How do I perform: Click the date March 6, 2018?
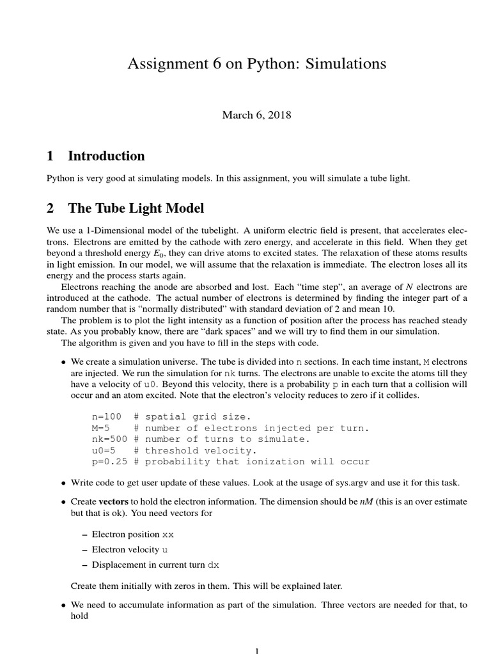click(256, 115)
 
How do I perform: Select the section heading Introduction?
click(106, 156)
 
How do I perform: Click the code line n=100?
click(107, 416)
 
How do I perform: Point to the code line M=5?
click(102, 428)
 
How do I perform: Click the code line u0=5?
click(104, 450)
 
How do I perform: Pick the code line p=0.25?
click(109, 461)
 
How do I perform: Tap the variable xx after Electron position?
click(168, 534)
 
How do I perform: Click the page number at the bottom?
click(257, 651)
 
